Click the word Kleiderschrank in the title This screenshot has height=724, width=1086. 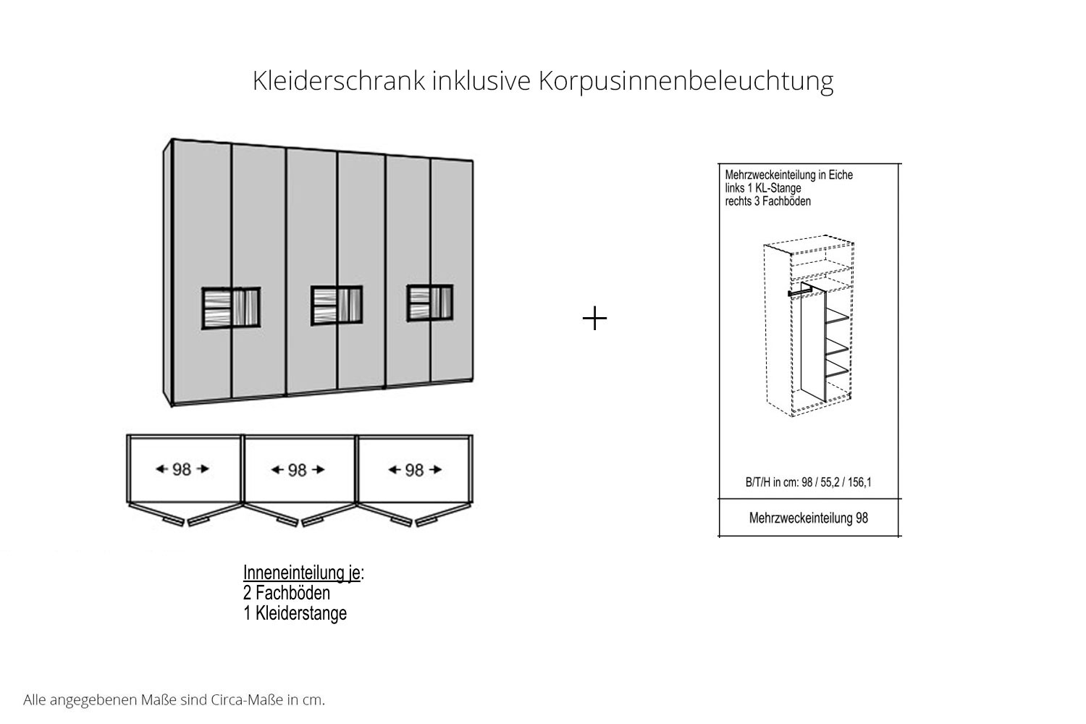pyautogui.click(x=339, y=80)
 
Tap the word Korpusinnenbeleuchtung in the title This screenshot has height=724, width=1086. pyautogui.click(x=686, y=82)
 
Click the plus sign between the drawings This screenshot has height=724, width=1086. pyautogui.click(x=594, y=319)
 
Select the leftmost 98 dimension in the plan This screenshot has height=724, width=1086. pyautogui.click(x=182, y=469)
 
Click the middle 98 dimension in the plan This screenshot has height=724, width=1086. pyautogui.click(x=298, y=470)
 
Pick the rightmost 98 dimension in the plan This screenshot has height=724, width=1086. pyautogui.click(x=415, y=470)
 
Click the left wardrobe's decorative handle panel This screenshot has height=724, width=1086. pyautogui.click(x=231, y=308)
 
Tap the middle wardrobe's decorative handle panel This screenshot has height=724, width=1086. pyautogui.click(x=337, y=306)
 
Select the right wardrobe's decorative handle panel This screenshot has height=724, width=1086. pyautogui.click(x=430, y=303)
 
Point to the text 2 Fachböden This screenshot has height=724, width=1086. pyautogui.click(x=287, y=593)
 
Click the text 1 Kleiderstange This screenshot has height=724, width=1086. pyautogui.click(x=295, y=613)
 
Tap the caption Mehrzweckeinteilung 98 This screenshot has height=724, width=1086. pyautogui.click(x=808, y=518)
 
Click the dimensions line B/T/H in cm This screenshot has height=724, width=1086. pyautogui.click(x=808, y=482)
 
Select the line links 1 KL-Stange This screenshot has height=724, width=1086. pyautogui.click(x=763, y=188)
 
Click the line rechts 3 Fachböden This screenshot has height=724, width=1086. pyautogui.click(x=768, y=201)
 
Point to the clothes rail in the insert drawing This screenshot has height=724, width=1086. pyautogui.click(x=800, y=291)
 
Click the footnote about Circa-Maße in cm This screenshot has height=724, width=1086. pyautogui.click(x=174, y=700)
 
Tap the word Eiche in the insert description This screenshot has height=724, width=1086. pyautogui.click(x=840, y=175)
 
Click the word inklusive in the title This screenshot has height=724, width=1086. pyautogui.click(x=481, y=80)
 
